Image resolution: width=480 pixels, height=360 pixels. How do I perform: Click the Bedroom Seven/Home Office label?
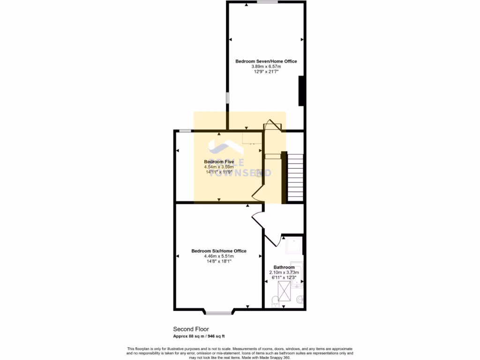(x=266, y=61)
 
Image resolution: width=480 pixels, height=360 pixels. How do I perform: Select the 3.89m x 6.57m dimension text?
(x=266, y=67)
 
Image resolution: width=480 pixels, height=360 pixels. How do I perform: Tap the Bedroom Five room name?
(x=219, y=162)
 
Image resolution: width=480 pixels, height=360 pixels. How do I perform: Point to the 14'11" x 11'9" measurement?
(x=219, y=172)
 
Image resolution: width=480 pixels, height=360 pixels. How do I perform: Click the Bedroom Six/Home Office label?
(x=219, y=251)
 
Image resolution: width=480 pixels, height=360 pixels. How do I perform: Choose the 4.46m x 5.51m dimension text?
(x=219, y=256)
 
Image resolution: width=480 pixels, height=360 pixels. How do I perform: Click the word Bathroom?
(x=284, y=267)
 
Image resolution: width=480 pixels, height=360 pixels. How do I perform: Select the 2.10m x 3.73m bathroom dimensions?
(x=284, y=272)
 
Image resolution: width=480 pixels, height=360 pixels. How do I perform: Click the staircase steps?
(x=295, y=177)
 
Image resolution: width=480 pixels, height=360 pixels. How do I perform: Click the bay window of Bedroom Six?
(x=219, y=312)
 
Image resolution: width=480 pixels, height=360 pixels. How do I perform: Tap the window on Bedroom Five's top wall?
(x=185, y=131)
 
